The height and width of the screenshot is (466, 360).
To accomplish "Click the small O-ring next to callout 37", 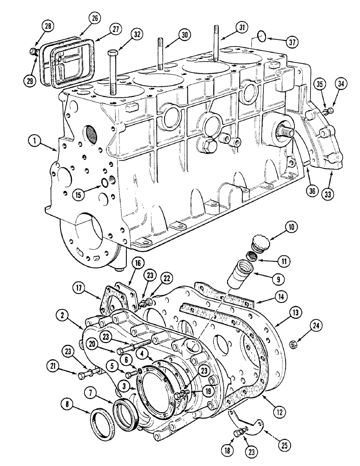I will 263,35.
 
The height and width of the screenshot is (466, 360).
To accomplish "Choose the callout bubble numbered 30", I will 185,35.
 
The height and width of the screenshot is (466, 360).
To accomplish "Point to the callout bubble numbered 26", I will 96,19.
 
